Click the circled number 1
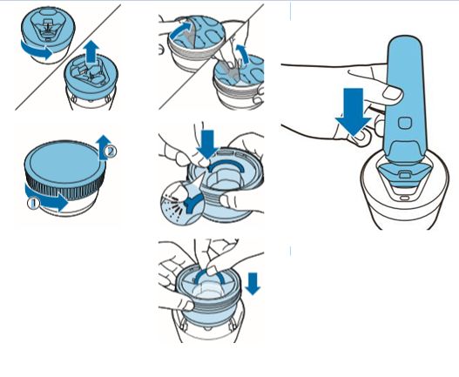(x=33, y=204)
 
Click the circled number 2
(x=111, y=151)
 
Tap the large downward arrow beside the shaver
(x=353, y=111)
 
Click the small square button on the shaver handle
(x=405, y=123)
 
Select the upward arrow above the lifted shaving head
(x=92, y=51)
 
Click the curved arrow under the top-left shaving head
(x=37, y=50)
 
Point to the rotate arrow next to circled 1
(x=47, y=198)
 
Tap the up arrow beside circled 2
(x=102, y=148)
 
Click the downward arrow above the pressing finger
(x=208, y=145)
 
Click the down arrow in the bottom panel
(x=253, y=283)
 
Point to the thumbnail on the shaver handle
(x=393, y=94)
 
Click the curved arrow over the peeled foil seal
(x=181, y=30)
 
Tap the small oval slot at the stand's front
(x=404, y=199)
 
